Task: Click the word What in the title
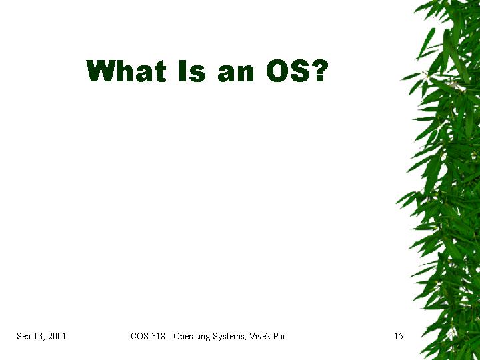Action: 126,71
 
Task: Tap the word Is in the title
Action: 192,71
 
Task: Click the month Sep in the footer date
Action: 23,337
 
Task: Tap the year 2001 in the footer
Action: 57,336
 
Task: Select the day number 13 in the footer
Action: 39,336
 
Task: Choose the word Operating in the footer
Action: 191,337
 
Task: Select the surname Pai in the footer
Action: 279,336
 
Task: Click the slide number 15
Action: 399,336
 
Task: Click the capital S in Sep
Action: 19,336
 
